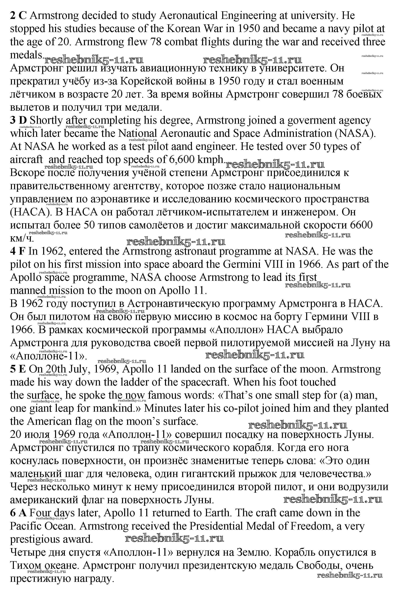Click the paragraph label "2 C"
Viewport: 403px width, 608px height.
pyautogui.click(x=18, y=16)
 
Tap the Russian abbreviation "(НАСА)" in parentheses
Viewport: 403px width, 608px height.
pyautogui.click(x=27, y=212)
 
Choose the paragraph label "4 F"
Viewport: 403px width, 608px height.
pyautogui.click(x=18, y=251)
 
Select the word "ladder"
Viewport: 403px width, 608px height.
pyautogui.click(x=134, y=382)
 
